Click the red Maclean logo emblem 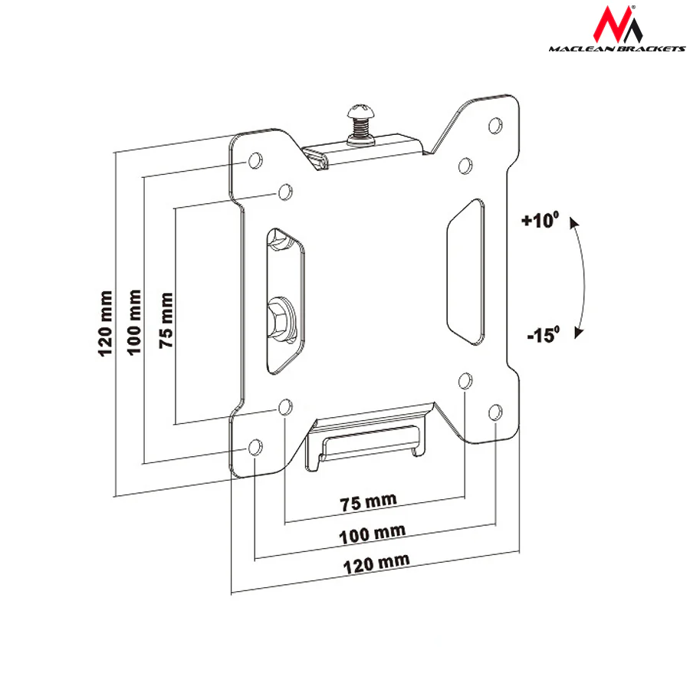coord(617,25)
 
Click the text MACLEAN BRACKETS coord(617,48)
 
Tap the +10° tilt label coord(540,219)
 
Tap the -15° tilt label coord(544,334)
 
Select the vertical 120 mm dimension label coord(105,324)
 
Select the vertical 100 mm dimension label coord(134,322)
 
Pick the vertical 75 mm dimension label coord(166,320)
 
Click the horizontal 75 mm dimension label coord(368,502)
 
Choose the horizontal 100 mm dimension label coord(373,534)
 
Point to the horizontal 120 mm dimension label coord(376,564)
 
